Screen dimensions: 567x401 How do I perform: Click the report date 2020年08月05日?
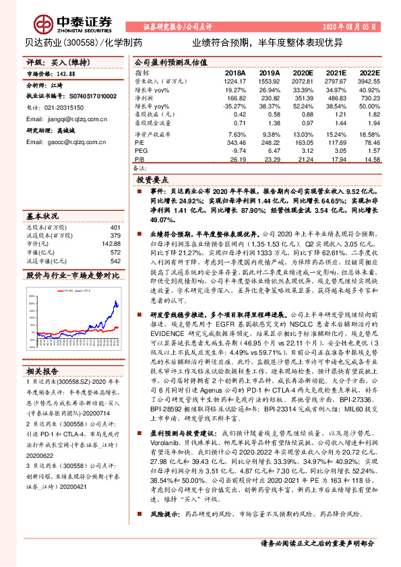pyautogui.click(x=350, y=27)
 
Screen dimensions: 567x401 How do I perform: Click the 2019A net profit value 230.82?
pyautogui.click(x=270, y=98)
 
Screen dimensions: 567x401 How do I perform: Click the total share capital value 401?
pyautogui.click(x=115, y=228)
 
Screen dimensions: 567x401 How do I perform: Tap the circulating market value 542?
pyautogui.click(x=115, y=261)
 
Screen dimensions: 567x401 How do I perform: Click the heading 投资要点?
pyautogui.click(x=152, y=181)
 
